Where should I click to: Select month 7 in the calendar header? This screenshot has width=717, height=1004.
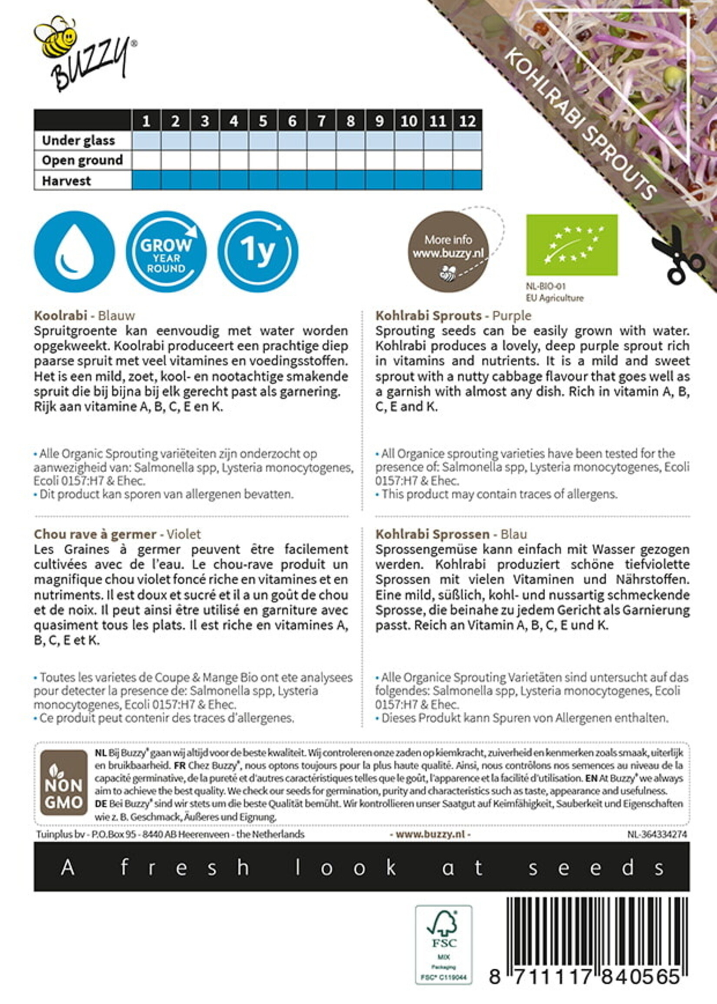(322, 121)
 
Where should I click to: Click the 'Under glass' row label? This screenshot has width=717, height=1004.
(79, 141)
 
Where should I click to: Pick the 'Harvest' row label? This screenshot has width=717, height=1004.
(67, 181)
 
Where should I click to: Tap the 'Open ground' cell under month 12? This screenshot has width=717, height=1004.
(467, 160)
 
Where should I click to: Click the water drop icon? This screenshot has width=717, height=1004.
(74, 252)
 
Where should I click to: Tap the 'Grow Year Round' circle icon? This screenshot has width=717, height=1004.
(166, 252)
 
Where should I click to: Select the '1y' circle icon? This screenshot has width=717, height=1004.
(258, 252)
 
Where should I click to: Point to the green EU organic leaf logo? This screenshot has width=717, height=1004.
(572, 245)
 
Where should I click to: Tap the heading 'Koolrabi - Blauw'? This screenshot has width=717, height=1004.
(84, 316)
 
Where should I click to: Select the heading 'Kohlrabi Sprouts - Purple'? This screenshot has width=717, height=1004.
(453, 316)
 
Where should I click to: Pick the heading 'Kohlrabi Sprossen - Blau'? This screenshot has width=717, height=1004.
(451, 534)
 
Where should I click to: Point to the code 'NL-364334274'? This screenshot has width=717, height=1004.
(657, 834)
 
